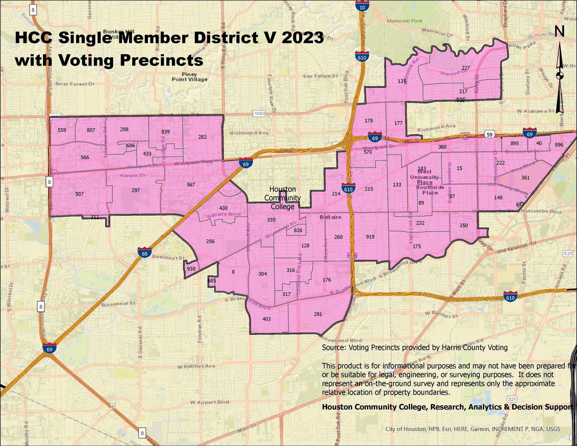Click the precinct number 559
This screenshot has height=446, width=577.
pos(62,130)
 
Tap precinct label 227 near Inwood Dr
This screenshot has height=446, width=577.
pos(466,68)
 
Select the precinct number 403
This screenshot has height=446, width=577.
pos(267,319)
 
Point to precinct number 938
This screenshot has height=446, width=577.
pos(191,269)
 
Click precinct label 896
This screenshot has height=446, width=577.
pos(559,145)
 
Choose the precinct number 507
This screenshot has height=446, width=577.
pos(79,194)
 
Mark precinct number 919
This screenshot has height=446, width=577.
pos(370,237)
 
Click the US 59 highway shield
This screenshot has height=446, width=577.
pos(489,135)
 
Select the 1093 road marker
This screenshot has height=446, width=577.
pos(259,114)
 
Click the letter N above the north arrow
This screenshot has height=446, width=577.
pos(560,31)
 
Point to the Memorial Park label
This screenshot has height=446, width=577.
pos(404,21)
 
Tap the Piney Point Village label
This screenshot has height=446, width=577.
pos(190,77)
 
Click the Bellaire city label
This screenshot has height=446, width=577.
pos(330,217)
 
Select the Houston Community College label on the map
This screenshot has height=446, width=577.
pos(282,198)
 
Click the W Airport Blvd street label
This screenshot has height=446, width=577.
pos(209,402)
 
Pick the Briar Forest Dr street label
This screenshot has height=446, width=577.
pos(75,84)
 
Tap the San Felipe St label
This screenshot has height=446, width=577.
pos(320,76)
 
